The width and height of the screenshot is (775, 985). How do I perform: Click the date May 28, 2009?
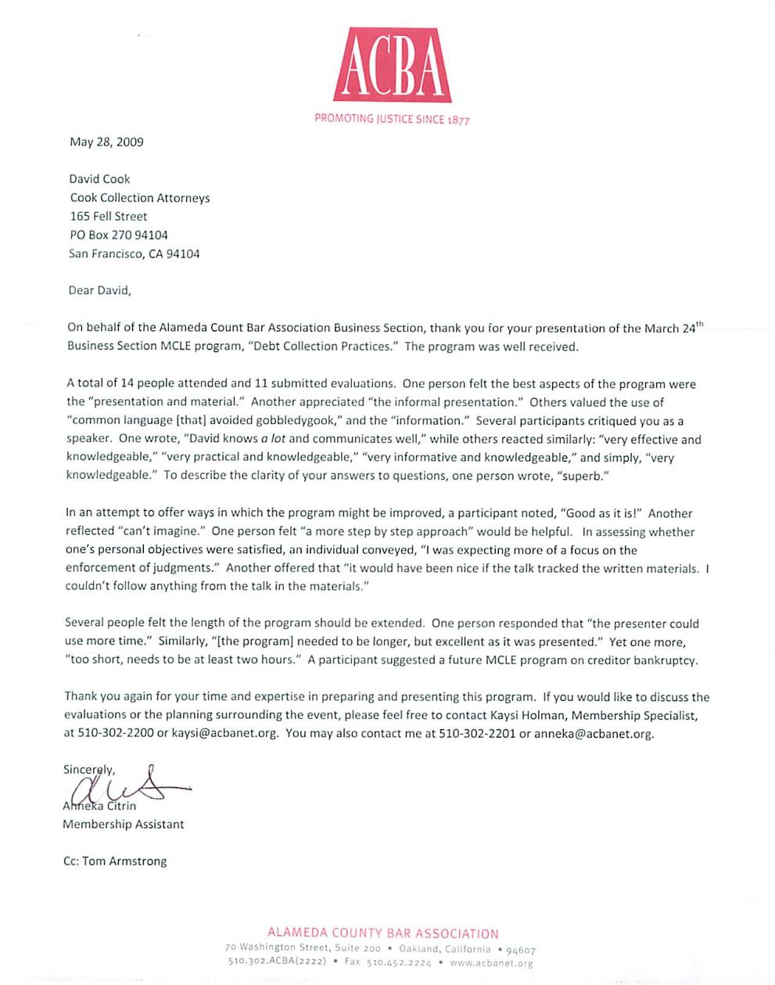click(106, 142)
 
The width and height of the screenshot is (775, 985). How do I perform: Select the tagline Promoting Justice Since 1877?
click(392, 119)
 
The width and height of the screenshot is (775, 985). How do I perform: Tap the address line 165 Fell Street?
click(109, 216)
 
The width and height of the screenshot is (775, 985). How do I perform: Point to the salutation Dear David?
click(100, 290)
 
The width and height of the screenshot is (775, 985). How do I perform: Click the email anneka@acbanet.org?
click(594, 734)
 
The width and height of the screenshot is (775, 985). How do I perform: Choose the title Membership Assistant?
click(124, 824)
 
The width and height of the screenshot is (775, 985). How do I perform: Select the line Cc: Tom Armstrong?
click(115, 861)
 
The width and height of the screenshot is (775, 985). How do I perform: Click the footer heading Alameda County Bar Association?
click(382, 933)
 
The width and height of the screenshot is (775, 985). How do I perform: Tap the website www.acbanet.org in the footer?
click(492, 963)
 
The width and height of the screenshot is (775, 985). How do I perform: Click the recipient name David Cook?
click(99, 178)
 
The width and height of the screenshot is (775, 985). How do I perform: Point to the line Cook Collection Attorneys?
click(140, 198)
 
